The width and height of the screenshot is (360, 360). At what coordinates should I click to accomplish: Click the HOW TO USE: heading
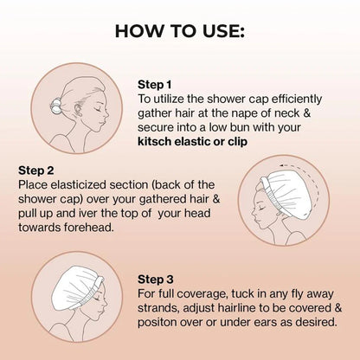pyautogui.click(x=180, y=31)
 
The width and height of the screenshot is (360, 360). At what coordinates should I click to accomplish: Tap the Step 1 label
pyautogui.click(x=157, y=85)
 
